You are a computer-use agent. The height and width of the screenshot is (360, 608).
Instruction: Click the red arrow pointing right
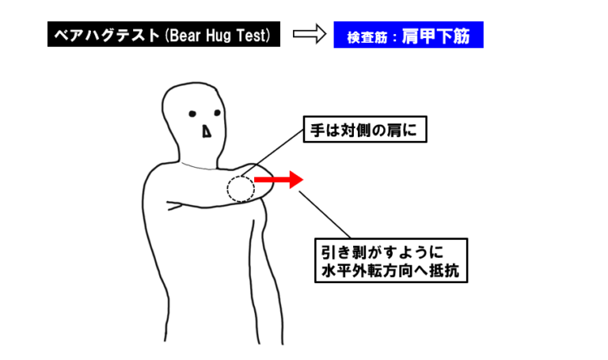coord(279,180)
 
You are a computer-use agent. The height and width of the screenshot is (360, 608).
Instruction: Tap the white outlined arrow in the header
coord(310,34)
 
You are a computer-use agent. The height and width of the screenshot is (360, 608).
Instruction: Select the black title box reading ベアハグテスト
coord(164,34)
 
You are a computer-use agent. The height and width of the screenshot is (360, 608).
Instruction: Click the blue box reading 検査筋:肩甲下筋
coord(408,35)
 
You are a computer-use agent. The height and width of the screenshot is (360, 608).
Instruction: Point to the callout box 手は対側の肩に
coord(364,130)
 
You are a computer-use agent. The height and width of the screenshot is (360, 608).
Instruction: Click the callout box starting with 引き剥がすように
coord(391,260)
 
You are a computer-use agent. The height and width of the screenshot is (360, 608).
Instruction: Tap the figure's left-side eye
coord(192,114)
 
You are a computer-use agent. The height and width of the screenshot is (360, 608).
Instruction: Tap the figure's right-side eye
coord(217,113)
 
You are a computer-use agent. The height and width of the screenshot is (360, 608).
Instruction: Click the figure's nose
coord(207,132)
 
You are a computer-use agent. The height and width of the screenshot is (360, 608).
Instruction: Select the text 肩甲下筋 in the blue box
coord(435,36)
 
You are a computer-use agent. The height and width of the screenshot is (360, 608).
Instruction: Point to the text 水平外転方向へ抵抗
coord(389,271)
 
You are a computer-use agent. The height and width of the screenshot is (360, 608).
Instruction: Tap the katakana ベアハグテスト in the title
coord(107,36)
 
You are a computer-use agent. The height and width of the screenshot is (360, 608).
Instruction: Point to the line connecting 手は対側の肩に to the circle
coord(272,153)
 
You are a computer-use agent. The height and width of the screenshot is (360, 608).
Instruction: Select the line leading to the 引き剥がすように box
coord(325,214)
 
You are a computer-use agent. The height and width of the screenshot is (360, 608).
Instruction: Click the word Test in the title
coord(250,36)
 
